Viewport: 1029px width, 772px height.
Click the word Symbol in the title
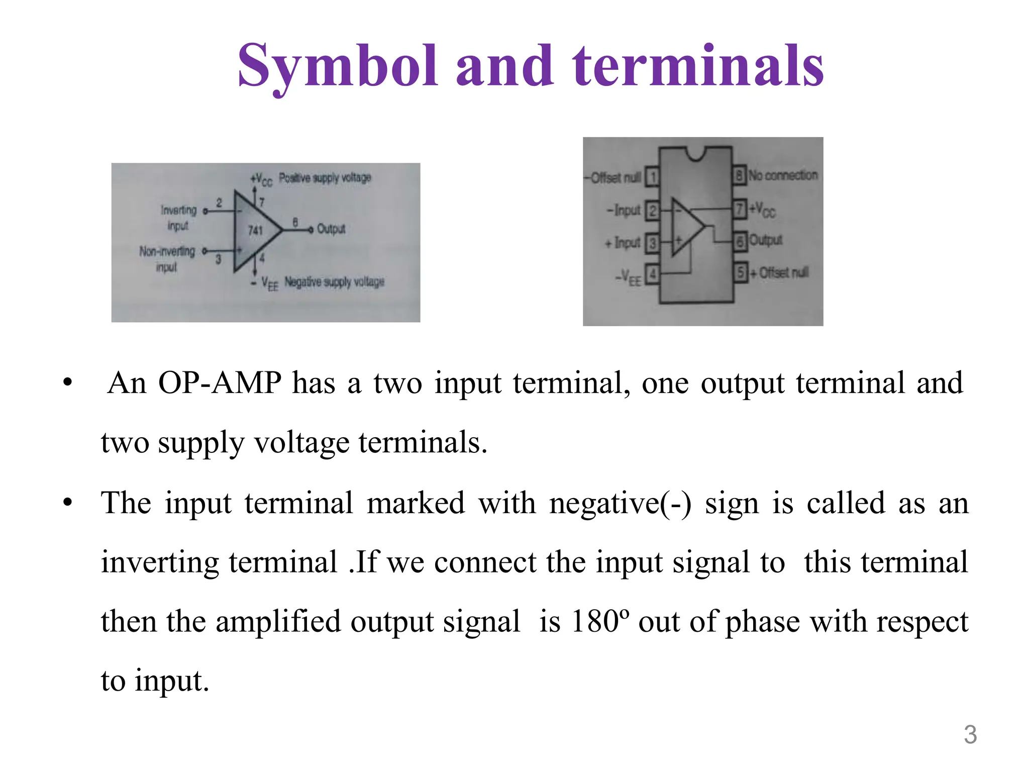[337, 67]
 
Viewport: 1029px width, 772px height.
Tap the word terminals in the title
[698, 67]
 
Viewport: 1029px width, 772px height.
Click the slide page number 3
[970, 734]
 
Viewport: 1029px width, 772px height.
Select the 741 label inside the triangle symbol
[255, 230]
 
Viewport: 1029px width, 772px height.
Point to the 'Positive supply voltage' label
[325, 178]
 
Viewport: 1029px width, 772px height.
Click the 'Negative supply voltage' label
[334, 281]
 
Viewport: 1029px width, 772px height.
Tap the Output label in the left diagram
[331, 229]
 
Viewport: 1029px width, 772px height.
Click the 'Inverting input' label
[178, 217]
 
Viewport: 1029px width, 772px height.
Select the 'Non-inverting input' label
[167, 258]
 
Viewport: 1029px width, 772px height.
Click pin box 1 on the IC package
[652, 177]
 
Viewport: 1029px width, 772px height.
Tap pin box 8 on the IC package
[739, 176]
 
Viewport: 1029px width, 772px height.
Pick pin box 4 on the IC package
[652, 274]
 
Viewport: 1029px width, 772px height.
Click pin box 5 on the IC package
[740, 272]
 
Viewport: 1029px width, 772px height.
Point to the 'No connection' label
[783, 175]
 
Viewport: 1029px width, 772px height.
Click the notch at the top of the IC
[695, 153]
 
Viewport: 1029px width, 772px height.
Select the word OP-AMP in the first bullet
[220, 383]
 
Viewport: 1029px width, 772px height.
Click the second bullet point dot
[68, 503]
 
